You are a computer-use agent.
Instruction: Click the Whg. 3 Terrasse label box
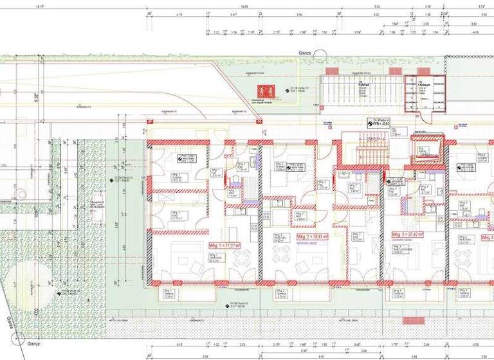click(398, 294)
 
